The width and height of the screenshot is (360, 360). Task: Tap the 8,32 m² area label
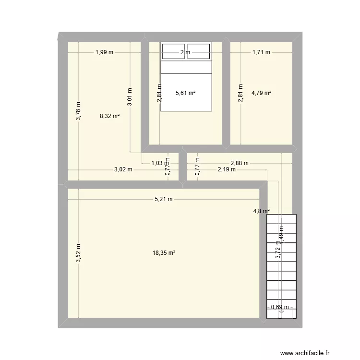[x=109, y=116]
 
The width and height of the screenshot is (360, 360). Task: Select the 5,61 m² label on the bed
[x=185, y=93]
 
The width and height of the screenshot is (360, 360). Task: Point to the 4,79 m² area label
[x=261, y=93]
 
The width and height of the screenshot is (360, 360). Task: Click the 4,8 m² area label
[x=261, y=211]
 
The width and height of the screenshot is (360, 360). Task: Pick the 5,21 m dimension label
[x=164, y=199]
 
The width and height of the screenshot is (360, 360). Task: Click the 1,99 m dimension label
[x=104, y=52]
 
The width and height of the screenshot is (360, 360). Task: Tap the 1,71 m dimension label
[x=261, y=52]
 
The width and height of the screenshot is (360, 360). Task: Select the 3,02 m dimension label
[x=123, y=169]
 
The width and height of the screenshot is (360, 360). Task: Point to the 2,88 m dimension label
[x=240, y=163]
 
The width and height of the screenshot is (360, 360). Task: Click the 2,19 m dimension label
[x=226, y=169]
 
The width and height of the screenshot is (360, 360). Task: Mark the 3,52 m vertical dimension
[x=78, y=253]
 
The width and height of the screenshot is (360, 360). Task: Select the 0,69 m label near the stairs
[x=280, y=307]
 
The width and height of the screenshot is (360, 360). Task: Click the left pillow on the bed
[x=174, y=50]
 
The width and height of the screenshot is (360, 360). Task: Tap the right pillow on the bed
[x=198, y=50]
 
